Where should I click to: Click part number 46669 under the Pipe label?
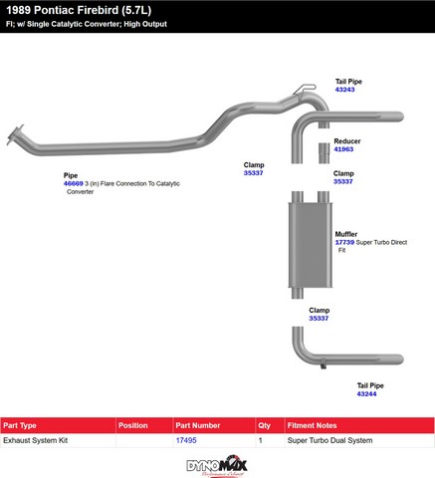(74, 183)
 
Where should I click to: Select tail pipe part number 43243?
(344, 90)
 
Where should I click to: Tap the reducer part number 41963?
(343, 149)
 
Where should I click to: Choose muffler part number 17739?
(344, 243)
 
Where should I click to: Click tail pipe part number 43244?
(366, 394)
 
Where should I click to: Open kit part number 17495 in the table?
(186, 440)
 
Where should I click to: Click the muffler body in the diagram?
(311, 245)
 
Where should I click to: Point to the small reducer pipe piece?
(324, 153)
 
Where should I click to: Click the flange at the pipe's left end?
(15, 134)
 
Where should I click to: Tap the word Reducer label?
(347, 141)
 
